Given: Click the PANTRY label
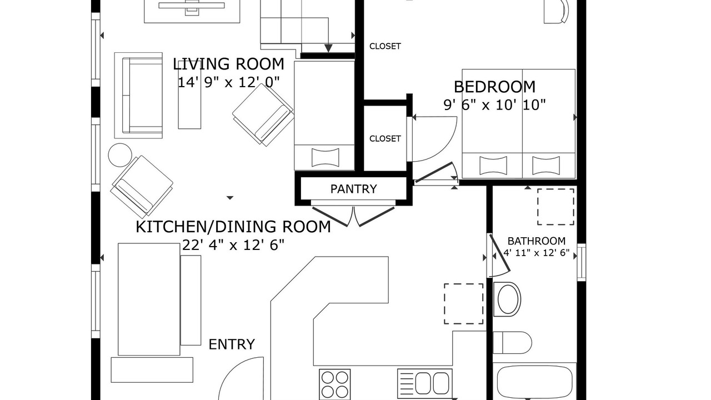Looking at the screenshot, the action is pos(354,189).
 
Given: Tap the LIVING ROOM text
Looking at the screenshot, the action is pos(228,64).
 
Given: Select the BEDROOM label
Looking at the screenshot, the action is pos(494,87).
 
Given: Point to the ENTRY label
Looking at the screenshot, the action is pos(232,344).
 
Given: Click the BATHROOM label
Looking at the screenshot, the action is pos(537,241).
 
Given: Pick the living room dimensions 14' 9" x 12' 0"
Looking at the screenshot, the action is pos(228,82).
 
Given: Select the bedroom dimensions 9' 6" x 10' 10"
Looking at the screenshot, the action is pos(494,105).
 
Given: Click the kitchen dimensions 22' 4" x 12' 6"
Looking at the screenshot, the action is pos(233,245).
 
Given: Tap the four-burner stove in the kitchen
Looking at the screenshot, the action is pos(335,384).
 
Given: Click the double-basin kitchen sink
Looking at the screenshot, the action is pos(425,384).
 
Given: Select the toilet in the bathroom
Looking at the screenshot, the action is pos(512,343).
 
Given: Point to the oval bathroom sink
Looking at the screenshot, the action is pos(507,299).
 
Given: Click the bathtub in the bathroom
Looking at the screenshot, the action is pos(534,382).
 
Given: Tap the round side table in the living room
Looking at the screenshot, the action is pos(120,155).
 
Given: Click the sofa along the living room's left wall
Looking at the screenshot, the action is pos(138,95).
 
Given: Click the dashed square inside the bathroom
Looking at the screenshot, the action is pos(555,207).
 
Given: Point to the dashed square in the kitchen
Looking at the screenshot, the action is pos(463,304).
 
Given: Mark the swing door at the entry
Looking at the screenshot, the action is pos(241,378).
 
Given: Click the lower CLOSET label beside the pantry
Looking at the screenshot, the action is pos(385,138).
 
